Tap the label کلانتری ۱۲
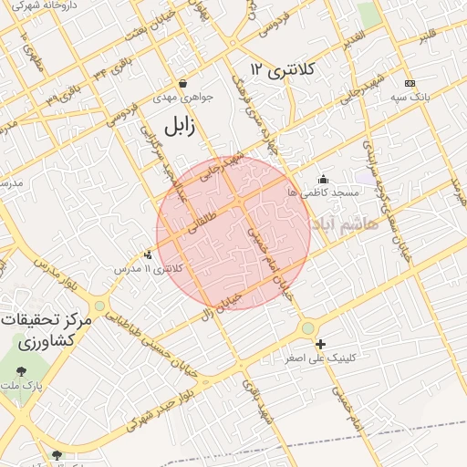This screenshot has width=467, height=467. click(x=282, y=69)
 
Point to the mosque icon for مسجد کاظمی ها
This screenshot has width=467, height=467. click(x=322, y=180)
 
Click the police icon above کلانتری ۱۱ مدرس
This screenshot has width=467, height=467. click(x=149, y=255)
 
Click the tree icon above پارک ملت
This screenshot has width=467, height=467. click(x=21, y=371)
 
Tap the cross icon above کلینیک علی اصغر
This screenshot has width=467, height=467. click(x=320, y=344)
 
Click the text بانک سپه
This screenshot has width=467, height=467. click(x=410, y=96)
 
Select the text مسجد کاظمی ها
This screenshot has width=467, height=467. click(x=323, y=193)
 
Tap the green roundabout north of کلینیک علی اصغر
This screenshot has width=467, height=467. click(x=307, y=328)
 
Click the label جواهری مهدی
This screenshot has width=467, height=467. click(x=192, y=96)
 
